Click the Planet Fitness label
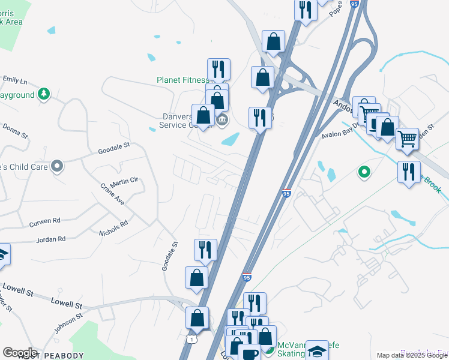point(182,79)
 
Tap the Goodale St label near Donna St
point(114,148)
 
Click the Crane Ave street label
point(112,194)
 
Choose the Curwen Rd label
point(45,221)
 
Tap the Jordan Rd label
point(50,239)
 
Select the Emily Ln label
point(15,80)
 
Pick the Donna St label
point(16,131)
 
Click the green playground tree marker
point(43,94)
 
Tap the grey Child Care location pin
point(57,166)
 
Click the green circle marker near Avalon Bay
point(363,173)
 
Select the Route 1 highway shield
point(191,340)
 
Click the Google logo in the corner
point(20,352)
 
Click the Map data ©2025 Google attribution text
point(412,355)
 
